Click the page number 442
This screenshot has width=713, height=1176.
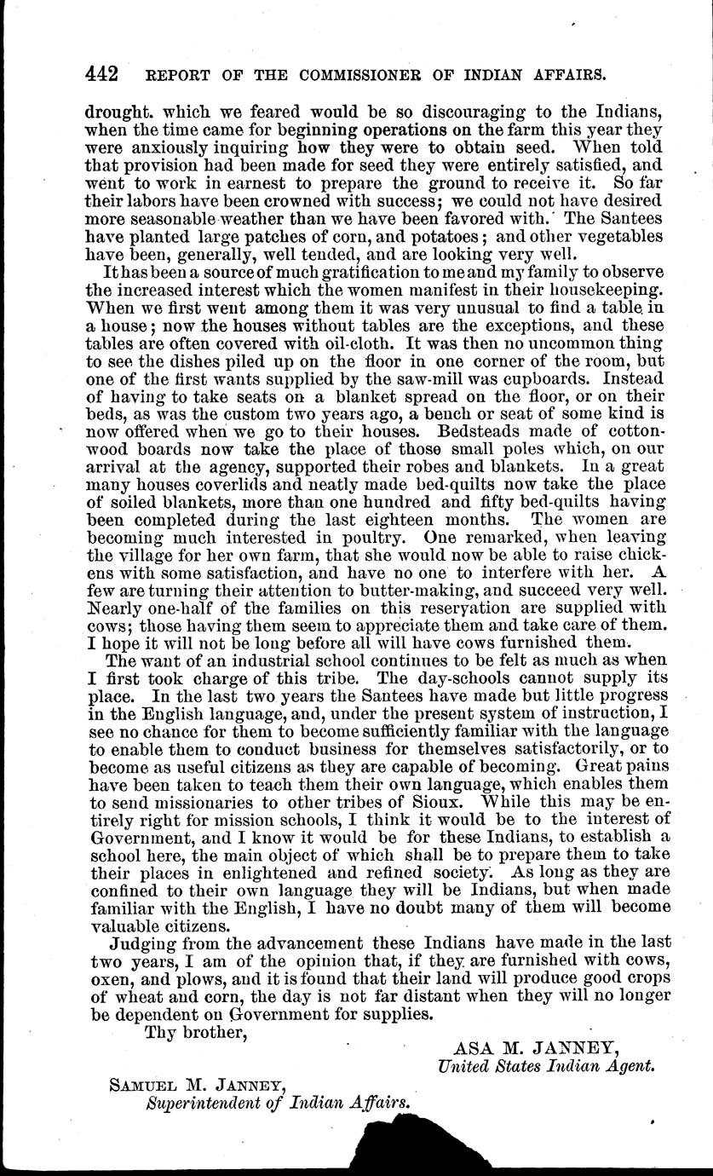(x=104, y=74)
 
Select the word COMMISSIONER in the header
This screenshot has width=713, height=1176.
(x=352, y=75)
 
